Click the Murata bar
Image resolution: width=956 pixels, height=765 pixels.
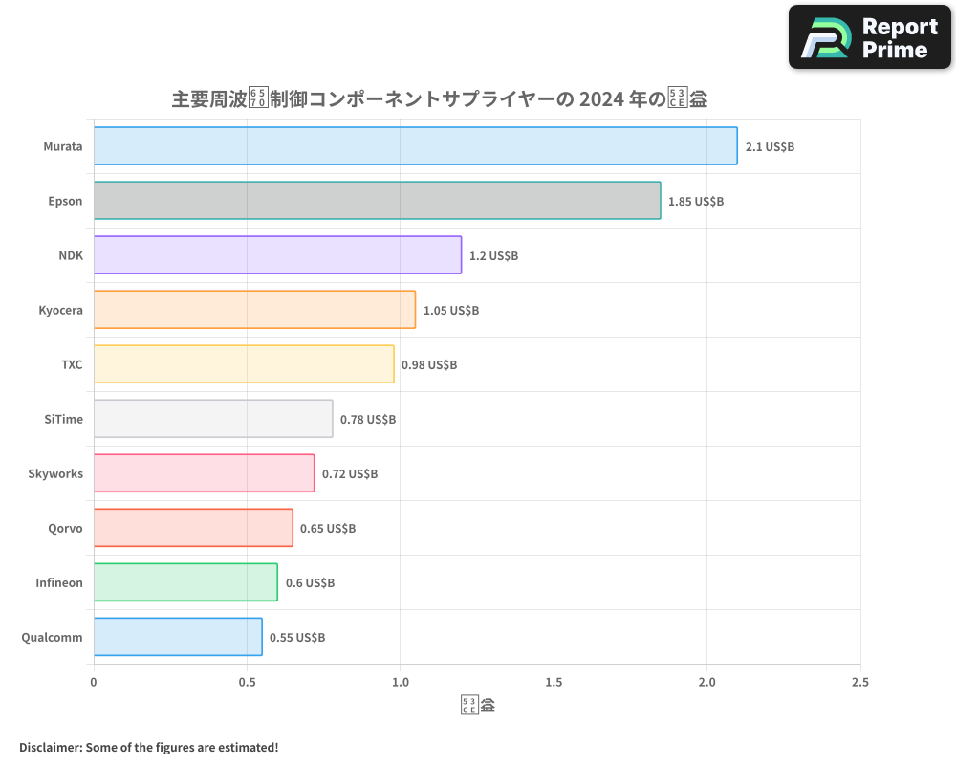[415, 146]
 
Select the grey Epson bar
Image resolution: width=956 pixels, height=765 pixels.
[377, 201]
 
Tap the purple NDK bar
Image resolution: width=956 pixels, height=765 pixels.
[277, 255]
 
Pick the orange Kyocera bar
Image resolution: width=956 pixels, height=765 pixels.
[254, 310]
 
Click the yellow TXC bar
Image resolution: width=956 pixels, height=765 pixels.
[244, 364]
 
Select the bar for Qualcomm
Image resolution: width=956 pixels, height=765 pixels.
[178, 637]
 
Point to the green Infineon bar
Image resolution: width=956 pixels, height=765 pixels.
[185, 582]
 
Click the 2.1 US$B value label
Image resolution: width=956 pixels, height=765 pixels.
[771, 147]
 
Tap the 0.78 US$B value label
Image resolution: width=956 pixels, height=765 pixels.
[368, 420]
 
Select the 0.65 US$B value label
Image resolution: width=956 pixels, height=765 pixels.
[328, 529]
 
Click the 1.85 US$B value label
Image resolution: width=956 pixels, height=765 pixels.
[696, 202]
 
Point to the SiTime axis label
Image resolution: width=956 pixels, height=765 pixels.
[63, 420]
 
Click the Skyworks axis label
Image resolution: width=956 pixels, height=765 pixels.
[55, 474]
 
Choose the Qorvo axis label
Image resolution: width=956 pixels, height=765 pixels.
[65, 529]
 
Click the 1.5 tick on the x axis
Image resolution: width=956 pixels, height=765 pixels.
[553, 683]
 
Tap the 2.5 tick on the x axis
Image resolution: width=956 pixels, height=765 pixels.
[859, 683]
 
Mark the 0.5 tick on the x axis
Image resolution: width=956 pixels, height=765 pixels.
[247, 683]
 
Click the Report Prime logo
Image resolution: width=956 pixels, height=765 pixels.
[870, 37]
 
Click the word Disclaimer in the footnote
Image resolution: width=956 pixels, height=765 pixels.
[50, 747]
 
